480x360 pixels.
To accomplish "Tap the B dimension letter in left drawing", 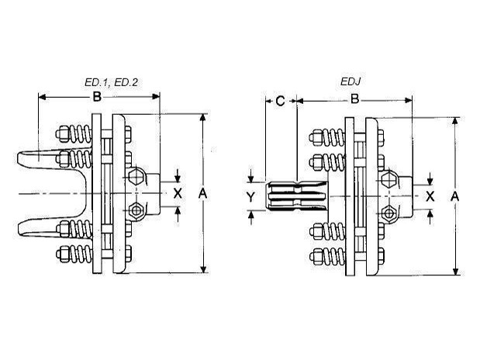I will pyautogui.click(x=97, y=97).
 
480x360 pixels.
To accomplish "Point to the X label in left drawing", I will pyautogui.click(x=178, y=193).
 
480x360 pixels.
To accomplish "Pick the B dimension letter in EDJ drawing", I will pyautogui.click(x=354, y=100).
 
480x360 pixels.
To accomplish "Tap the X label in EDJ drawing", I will pyautogui.click(x=430, y=196).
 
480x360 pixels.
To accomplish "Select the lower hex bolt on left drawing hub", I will pyautogui.click(x=137, y=210).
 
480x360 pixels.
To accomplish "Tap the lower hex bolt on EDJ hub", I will pyautogui.click(x=388, y=212).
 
